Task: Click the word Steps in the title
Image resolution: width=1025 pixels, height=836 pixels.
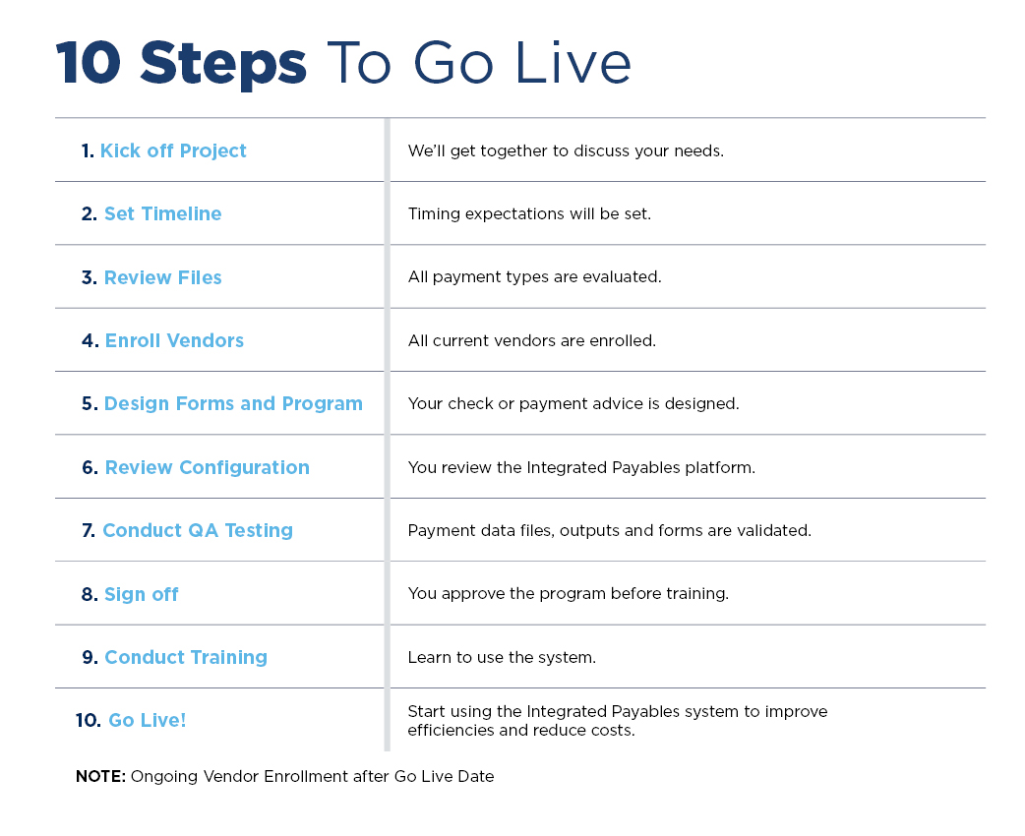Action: [223, 64]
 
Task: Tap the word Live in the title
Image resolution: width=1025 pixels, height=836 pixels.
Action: [573, 63]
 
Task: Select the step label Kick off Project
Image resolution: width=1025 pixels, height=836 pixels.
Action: [173, 150]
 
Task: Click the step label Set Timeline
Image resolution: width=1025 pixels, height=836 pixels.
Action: [162, 213]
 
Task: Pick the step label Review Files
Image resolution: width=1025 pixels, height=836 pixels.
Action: [162, 277]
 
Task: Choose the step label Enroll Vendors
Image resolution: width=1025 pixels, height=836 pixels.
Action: [174, 340]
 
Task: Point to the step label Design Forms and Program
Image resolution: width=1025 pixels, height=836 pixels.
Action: [233, 404]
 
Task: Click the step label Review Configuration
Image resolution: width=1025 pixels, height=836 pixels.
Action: [208, 467]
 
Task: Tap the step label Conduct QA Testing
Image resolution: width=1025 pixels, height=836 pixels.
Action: [198, 530]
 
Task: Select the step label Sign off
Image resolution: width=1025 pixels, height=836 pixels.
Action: [142, 594]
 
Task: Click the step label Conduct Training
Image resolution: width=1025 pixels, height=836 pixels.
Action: [186, 657]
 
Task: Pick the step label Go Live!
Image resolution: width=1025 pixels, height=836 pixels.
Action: [148, 720]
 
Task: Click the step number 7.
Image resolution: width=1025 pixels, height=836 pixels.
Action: [89, 531]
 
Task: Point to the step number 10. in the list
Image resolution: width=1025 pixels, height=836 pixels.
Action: [89, 720]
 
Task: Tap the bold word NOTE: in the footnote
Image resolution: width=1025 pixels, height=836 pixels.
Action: [100, 777]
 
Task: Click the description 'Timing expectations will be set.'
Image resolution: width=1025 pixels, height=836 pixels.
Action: [529, 213]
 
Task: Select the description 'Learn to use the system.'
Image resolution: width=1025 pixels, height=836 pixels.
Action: [502, 657]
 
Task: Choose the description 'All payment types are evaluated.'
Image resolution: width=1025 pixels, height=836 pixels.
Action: [535, 276]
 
